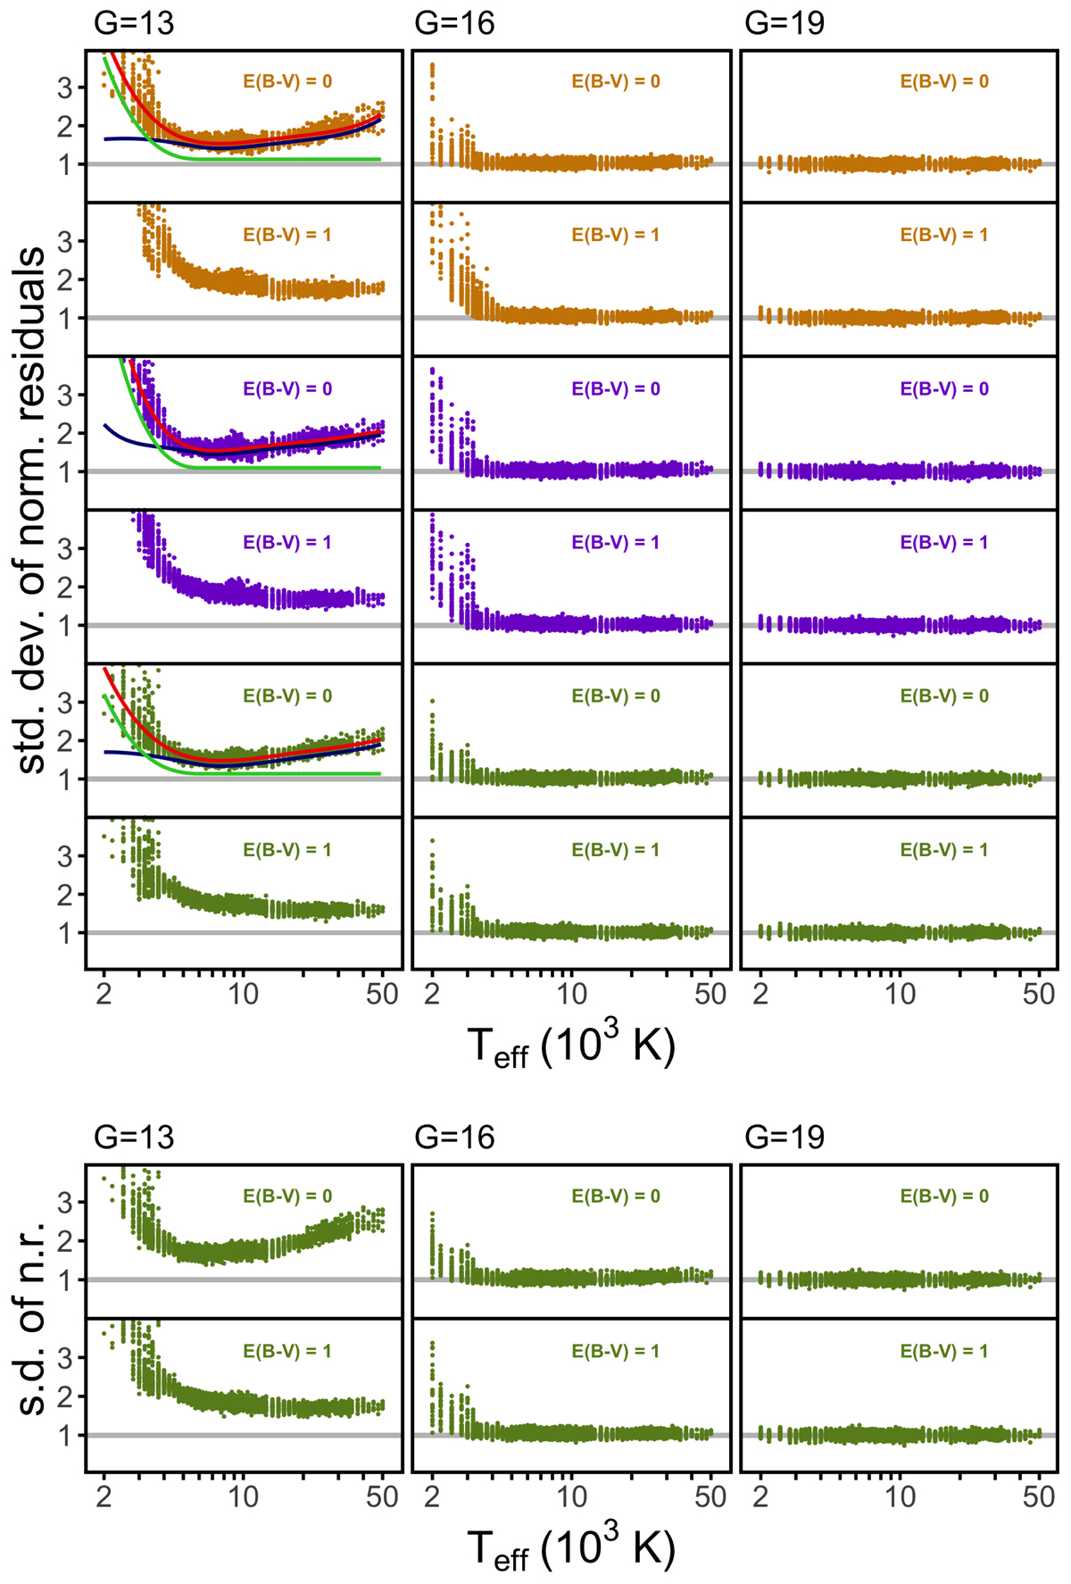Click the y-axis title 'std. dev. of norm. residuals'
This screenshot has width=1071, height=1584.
pyautogui.click(x=32, y=510)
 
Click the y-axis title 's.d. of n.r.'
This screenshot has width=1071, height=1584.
pyautogui.click(x=32, y=1319)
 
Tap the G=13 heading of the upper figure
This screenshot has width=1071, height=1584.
pyautogui.click(x=134, y=22)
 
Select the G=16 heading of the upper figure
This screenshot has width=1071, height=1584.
pyautogui.click(x=454, y=22)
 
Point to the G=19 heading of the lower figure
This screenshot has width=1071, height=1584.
pyautogui.click(x=785, y=1137)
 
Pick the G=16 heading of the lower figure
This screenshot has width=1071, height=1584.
pyautogui.click(x=454, y=1137)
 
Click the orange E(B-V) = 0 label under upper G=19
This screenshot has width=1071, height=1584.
pyautogui.click(x=944, y=81)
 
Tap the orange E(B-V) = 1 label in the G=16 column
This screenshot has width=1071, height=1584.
pyautogui.click(x=616, y=235)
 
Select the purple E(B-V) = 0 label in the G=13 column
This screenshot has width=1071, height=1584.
pyautogui.click(x=287, y=388)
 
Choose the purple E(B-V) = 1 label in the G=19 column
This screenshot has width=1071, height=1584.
pyautogui.click(x=944, y=542)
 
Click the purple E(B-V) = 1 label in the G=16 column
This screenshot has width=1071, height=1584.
pyautogui.click(x=616, y=542)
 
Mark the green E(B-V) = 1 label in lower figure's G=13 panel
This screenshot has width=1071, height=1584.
pyautogui.click(x=287, y=1351)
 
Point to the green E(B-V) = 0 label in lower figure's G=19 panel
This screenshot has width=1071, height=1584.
pyautogui.click(x=944, y=1196)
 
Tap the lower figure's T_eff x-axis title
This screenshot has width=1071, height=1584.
pyautogui.click(x=571, y=1548)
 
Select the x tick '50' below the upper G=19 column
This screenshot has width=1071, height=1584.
pyautogui.click(x=1039, y=994)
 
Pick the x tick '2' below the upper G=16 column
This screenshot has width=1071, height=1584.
pyautogui.click(x=432, y=994)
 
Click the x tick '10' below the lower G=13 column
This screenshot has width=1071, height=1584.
pyautogui.click(x=243, y=1496)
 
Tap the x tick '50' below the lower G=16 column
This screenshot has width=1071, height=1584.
pyautogui.click(x=710, y=1496)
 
